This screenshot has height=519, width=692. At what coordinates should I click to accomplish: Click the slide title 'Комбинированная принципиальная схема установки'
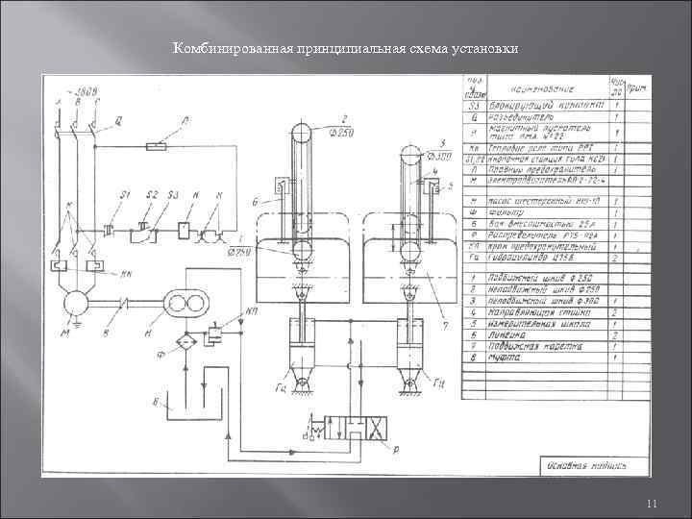coord(345,49)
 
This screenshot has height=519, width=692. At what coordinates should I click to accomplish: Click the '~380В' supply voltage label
coord(86,91)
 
